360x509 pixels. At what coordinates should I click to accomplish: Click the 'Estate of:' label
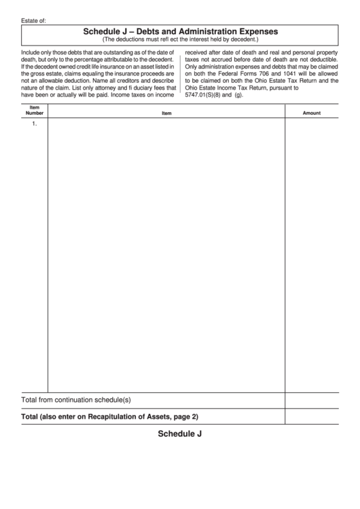pos(33,21)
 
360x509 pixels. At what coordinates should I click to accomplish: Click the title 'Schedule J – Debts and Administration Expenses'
pos(180,31)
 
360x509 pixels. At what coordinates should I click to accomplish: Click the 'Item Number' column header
pos(35,110)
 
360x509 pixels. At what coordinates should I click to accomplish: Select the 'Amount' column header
pos(311,113)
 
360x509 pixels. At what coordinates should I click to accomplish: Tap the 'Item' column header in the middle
pos(166,113)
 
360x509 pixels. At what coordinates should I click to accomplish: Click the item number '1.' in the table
pos(35,124)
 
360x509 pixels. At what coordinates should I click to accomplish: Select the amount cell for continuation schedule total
pos(311,400)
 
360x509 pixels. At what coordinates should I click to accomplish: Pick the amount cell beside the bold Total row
pos(311,416)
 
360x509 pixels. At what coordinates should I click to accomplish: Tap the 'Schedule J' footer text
pos(180,434)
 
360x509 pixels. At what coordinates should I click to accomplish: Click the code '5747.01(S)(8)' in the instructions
pos(206,95)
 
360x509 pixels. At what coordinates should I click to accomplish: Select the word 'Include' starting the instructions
pos(32,52)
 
